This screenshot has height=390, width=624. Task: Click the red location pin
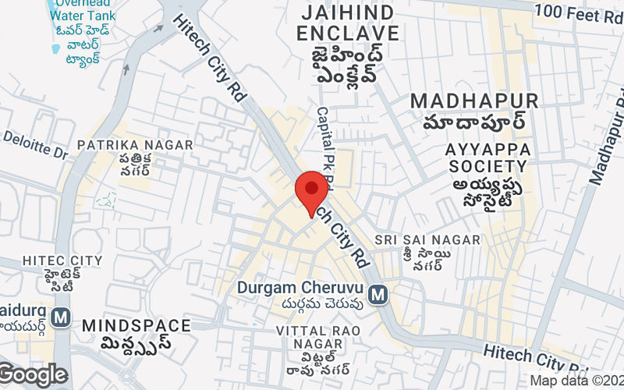[312, 191]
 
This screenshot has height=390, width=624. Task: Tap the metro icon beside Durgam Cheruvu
[378, 294]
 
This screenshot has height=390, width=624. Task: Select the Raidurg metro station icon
[60, 317]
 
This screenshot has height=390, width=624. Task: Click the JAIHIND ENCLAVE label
[349, 23]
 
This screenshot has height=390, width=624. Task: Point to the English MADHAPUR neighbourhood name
[474, 101]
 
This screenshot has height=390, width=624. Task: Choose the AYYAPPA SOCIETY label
[487, 158]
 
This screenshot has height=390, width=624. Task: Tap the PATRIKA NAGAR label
[134, 145]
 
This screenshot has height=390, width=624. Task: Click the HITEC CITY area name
[62, 260]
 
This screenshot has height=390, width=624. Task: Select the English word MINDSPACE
[136, 324]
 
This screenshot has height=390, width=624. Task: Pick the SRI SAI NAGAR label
[427, 239]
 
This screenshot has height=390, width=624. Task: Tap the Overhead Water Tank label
[81, 9]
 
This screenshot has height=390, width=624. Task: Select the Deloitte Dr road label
[35, 144]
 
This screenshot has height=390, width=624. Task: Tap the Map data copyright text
[576, 381]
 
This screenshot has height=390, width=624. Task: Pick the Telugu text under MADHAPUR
[474, 122]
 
